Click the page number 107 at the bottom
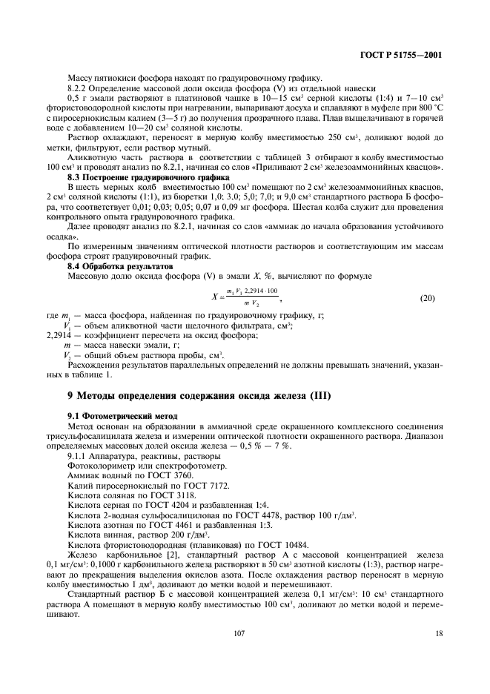coord(239,632)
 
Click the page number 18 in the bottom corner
coord(439,632)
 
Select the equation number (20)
coord(428,297)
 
